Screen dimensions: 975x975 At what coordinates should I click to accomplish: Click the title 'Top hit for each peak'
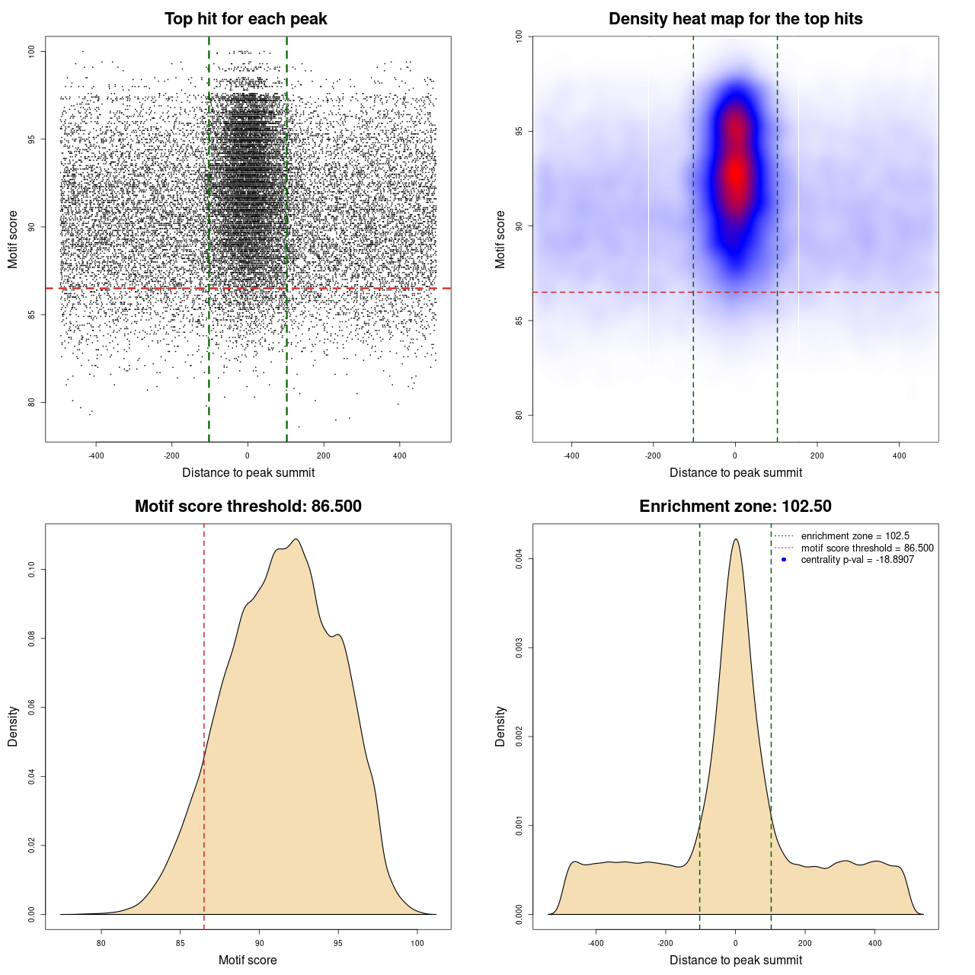tap(245, 19)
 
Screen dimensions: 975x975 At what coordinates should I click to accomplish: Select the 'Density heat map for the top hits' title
tap(735, 19)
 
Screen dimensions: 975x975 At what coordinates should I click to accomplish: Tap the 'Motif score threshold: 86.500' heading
tap(248, 507)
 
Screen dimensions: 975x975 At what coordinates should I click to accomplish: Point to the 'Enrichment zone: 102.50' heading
tap(735, 507)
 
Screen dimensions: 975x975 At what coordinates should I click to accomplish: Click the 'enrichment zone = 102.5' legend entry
tap(855, 536)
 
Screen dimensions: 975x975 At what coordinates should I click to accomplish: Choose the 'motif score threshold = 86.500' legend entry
tap(867, 548)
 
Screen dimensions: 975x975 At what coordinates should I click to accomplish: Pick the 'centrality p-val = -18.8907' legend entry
tap(857, 560)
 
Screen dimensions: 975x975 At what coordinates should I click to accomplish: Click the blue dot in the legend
tap(784, 560)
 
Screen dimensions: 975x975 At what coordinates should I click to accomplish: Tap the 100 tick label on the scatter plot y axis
tap(32, 51)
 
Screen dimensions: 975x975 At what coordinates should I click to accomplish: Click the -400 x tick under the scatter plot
tap(96, 456)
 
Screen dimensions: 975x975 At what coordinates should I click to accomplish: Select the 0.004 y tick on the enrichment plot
tap(519, 559)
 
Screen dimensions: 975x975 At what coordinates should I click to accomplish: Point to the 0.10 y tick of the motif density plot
tap(32, 569)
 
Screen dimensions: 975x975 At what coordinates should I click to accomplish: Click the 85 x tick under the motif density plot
tap(181, 943)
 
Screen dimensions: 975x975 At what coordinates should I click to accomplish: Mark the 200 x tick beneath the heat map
tap(817, 456)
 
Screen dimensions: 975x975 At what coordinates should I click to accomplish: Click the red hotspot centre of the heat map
tap(735, 174)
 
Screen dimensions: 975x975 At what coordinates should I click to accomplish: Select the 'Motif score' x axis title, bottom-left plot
tap(248, 960)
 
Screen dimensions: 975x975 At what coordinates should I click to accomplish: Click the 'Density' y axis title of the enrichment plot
tap(500, 726)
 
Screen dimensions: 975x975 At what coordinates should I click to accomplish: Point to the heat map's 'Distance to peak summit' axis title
tap(735, 472)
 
